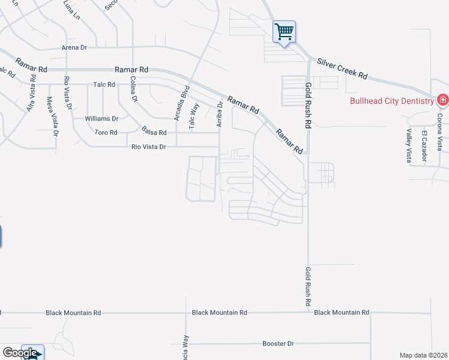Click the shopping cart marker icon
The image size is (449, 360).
pos(284,31)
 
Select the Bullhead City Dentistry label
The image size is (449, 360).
pos(392,101)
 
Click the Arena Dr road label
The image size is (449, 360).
pos(74,47)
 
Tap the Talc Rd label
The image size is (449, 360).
pos(104,85)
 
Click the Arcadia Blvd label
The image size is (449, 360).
pos(178,103)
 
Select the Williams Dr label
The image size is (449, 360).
pos(101,119)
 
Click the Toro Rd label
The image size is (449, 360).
pos(106,132)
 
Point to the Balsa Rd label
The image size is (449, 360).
pos(154,130)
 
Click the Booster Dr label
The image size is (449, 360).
pos(278,344)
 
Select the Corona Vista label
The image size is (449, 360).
pos(440,131)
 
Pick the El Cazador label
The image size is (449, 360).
pos(424,146)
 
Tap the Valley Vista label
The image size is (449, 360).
pos(409,146)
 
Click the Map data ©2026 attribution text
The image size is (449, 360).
pos(423,355)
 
